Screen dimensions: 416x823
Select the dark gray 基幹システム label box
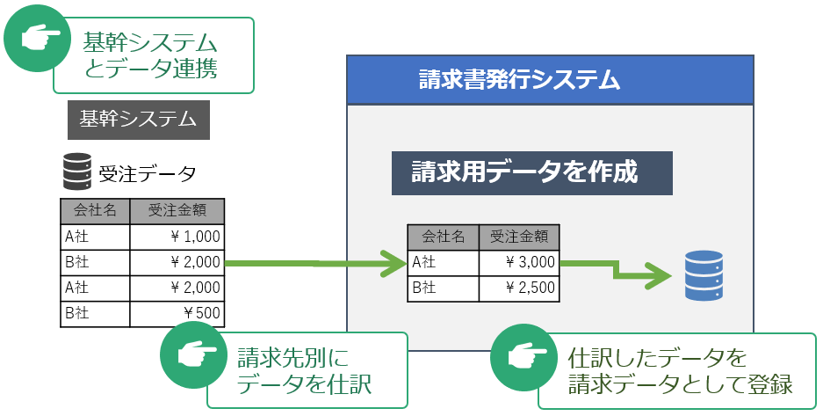pos(138,120)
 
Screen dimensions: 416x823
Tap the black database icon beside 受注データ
pos(77,172)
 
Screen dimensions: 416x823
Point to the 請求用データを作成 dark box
pos(531,172)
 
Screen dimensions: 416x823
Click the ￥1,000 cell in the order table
pos(177,237)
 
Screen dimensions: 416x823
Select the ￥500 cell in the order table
pos(177,313)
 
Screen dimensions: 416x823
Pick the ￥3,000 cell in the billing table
pos(518,261)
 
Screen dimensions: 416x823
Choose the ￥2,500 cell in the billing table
pos(518,287)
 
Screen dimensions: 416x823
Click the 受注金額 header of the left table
pos(177,211)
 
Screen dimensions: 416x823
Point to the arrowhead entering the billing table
pos(393,262)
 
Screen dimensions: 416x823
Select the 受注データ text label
pos(148,172)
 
